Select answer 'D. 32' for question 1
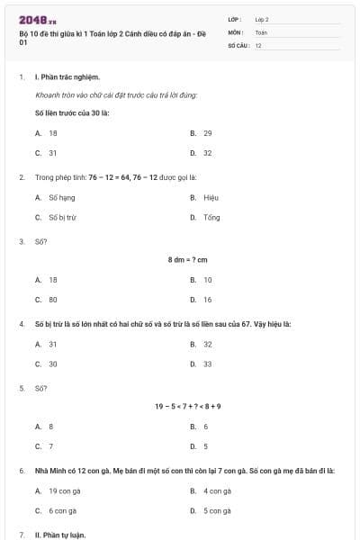(x=202, y=153)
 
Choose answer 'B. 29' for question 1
(x=202, y=132)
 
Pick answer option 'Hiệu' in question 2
(x=211, y=196)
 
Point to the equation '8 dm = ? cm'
(x=188, y=260)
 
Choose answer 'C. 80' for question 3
(x=47, y=300)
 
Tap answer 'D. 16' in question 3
(x=202, y=300)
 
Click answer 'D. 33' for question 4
(x=202, y=364)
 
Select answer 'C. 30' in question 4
(x=47, y=364)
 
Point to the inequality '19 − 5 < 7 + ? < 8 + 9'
(x=188, y=406)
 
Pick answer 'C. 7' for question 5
(x=45, y=446)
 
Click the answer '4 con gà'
(x=211, y=490)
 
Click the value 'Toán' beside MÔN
(x=261, y=31)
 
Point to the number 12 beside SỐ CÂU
(x=258, y=45)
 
